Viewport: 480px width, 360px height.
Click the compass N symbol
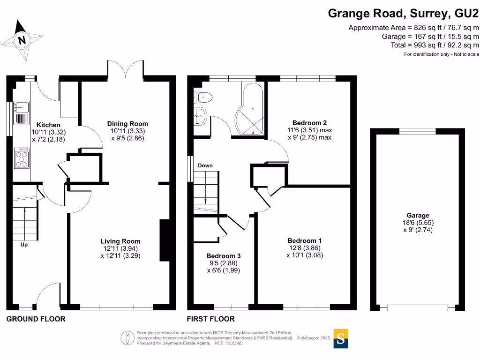(x=22, y=40)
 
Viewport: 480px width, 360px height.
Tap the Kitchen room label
(x=49, y=125)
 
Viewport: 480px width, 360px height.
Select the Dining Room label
(x=127, y=124)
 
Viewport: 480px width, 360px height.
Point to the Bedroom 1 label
(x=305, y=240)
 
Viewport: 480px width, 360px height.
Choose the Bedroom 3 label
(x=224, y=256)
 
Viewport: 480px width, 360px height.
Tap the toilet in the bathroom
(x=204, y=97)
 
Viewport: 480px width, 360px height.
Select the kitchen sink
(x=21, y=112)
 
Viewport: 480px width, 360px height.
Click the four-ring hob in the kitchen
(x=22, y=157)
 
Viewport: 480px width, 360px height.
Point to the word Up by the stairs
(x=24, y=244)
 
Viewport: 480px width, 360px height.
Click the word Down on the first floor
(x=205, y=165)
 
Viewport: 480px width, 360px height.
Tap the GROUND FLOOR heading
(x=36, y=319)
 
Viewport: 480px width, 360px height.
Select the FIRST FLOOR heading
(x=211, y=319)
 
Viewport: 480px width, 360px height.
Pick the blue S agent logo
(x=341, y=340)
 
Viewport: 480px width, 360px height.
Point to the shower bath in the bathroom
(x=252, y=110)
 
